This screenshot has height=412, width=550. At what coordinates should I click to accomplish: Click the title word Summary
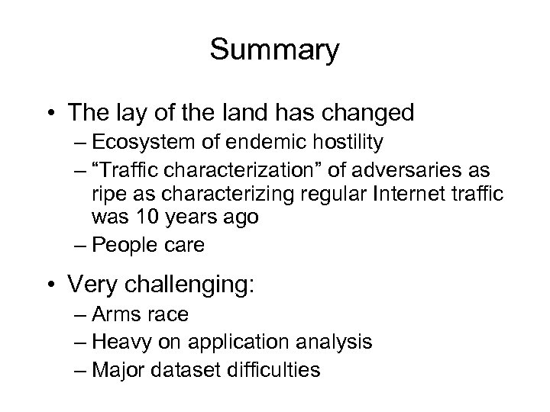(274, 50)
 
